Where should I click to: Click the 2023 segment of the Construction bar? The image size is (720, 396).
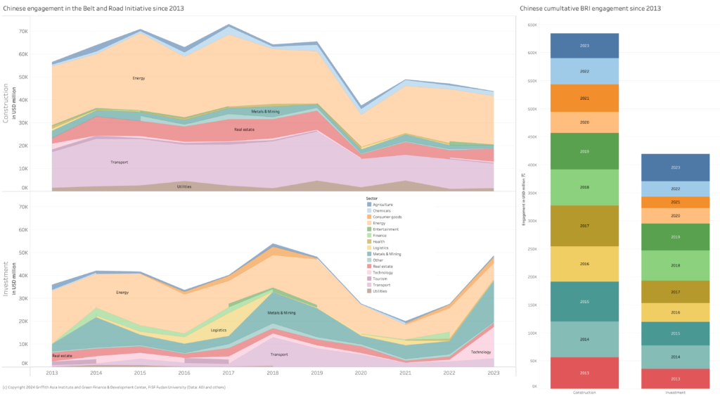584,46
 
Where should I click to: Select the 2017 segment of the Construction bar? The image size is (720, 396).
584,226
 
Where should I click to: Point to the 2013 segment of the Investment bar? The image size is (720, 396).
676,378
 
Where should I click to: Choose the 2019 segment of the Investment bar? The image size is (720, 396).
676,237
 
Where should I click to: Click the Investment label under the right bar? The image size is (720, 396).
676,392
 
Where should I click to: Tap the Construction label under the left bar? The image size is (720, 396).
584,392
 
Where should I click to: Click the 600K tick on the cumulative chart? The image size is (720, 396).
532,53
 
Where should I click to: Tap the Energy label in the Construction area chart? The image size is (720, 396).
139,78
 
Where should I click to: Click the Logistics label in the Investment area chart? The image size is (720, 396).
219,330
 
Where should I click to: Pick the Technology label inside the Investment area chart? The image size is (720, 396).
481,352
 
